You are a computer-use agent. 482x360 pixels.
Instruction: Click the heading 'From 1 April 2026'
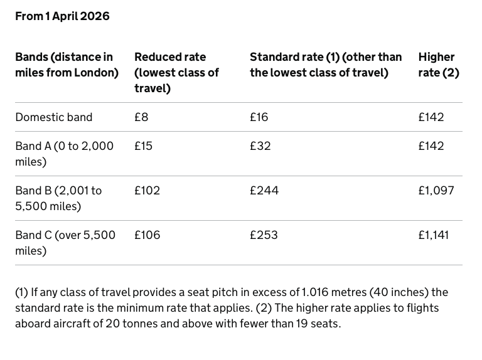click(x=62, y=16)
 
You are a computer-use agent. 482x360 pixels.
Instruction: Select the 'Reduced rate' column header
click(x=176, y=73)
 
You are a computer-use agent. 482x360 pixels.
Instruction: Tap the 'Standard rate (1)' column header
click(x=325, y=65)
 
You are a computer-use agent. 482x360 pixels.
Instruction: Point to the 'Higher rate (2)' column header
click(x=438, y=65)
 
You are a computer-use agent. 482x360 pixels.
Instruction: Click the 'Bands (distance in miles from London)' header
click(x=67, y=65)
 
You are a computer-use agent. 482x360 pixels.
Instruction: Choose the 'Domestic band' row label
click(x=53, y=117)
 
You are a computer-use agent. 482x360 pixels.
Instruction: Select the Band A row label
click(x=64, y=154)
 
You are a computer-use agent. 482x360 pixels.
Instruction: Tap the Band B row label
click(x=58, y=198)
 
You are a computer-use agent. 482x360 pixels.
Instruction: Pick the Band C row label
click(x=65, y=243)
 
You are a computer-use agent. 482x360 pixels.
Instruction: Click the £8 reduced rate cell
click(x=141, y=117)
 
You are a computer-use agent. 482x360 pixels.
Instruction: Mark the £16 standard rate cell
click(x=259, y=117)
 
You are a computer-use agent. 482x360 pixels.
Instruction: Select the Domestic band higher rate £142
click(x=431, y=117)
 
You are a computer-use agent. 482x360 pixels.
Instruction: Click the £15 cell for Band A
click(x=143, y=146)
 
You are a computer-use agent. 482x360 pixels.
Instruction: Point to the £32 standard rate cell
click(x=260, y=146)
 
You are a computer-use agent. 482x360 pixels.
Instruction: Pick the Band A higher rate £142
click(x=431, y=146)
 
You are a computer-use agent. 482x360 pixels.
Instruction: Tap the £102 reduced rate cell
click(x=147, y=191)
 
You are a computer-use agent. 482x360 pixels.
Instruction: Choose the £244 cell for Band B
click(x=264, y=191)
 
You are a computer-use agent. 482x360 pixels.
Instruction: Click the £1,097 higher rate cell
click(x=436, y=191)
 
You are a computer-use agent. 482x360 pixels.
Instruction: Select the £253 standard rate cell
click(x=264, y=235)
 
